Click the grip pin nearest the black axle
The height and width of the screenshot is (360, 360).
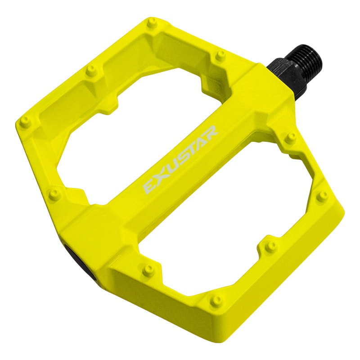click(x=220, y=55)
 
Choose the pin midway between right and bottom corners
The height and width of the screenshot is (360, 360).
click(x=272, y=245)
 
